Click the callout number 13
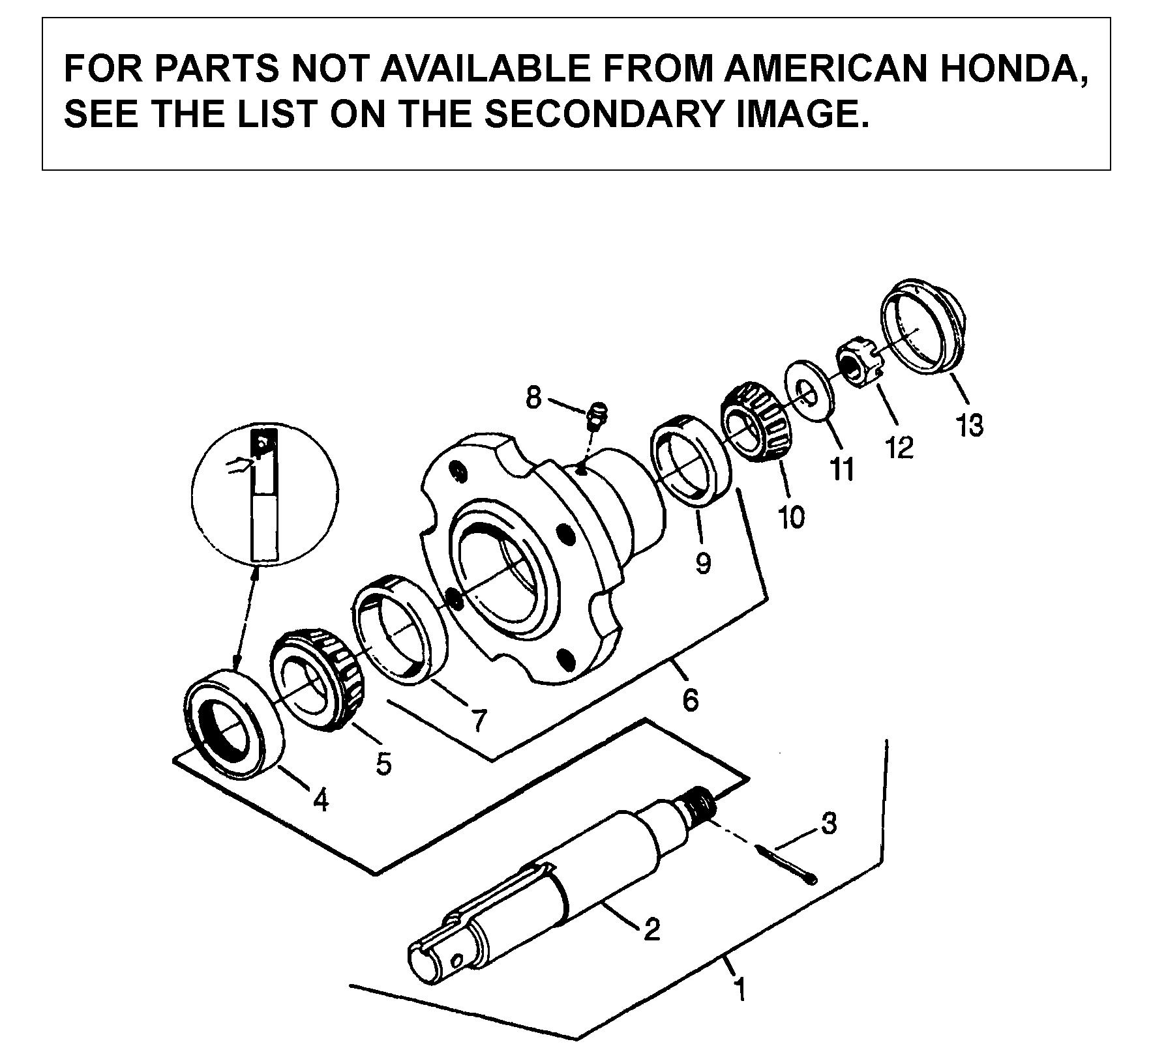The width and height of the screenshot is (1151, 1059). point(969,426)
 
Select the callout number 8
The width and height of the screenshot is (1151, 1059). point(533,396)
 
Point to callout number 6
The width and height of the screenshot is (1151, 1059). point(691,699)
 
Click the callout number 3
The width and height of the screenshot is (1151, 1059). point(828,824)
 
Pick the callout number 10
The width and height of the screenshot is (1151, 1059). point(791,517)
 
